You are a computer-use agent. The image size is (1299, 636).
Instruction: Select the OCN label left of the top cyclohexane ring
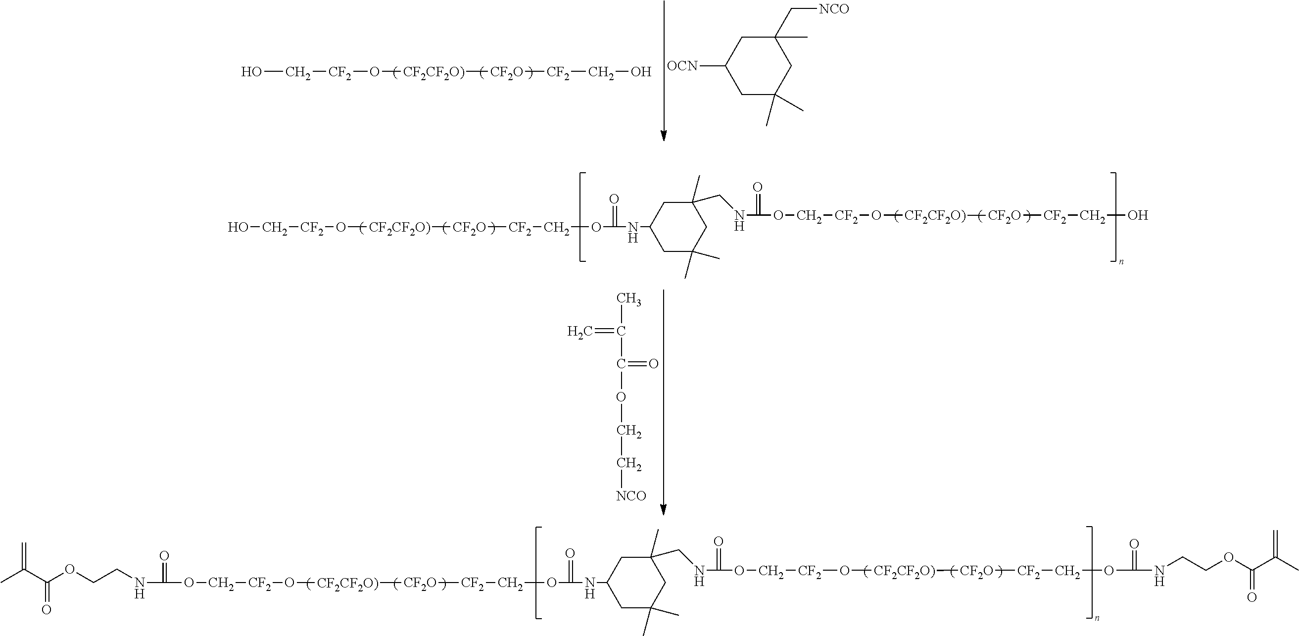click(682, 65)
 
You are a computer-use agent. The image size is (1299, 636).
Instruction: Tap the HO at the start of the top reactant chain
click(251, 72)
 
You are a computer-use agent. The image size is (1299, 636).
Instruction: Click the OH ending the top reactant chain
click(641, 72)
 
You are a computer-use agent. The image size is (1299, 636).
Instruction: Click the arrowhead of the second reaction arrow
click(663, 510)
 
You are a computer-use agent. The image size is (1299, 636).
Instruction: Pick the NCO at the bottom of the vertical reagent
click(631, 496)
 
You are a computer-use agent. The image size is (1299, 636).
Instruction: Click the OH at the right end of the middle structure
click(1138, 216)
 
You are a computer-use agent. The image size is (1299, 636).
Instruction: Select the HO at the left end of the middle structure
click(238, 228)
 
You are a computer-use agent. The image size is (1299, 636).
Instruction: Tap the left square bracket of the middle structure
click(582, 217)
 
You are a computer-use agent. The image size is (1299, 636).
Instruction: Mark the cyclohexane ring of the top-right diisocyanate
click(758, 65)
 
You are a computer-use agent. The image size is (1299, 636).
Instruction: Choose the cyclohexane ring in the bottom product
click(635, 583)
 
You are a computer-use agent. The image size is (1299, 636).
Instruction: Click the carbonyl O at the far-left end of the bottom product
click(47, 610)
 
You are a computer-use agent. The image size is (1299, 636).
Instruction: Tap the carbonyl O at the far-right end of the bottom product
click(1251, 598)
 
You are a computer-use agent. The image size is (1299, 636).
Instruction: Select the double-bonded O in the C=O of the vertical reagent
click(653, 364)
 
